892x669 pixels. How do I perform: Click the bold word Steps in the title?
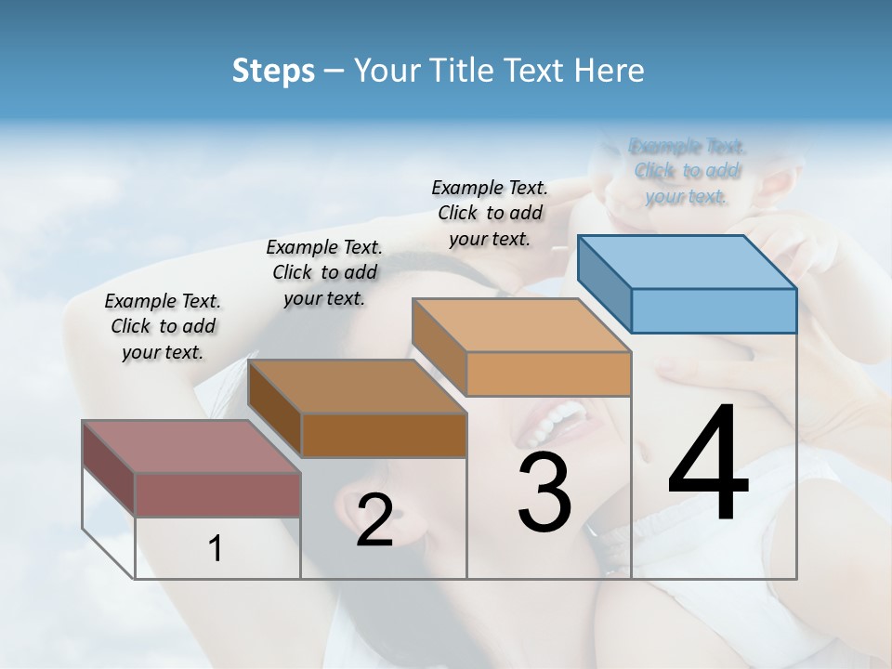[273, 71]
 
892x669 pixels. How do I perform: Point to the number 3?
[544, 492]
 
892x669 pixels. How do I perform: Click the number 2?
[374, 520]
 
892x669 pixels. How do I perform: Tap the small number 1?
[216, 549]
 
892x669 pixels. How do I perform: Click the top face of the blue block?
[688, 262]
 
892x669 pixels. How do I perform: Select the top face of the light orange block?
[521, 325]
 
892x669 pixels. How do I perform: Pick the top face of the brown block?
[357, 387]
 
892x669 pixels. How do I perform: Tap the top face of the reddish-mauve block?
[191, 447]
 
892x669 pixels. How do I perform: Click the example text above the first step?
[163, 326]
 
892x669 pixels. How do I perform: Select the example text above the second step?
[324, 272]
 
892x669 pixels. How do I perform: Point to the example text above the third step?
[490, 213]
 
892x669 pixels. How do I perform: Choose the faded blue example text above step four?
[687, 171]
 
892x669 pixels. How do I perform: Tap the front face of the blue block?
[714, 310]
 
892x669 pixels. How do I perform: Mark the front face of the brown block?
[384, 435]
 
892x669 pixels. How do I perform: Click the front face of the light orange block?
[548, 374]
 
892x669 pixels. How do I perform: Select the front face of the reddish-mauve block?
[217, 494]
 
